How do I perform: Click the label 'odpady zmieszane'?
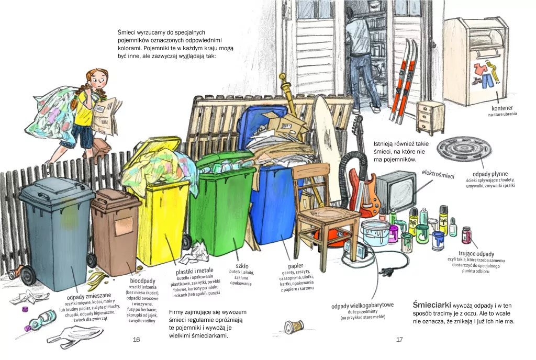[89, 296]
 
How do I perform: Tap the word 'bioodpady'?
[142, 281]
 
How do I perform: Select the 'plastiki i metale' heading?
[194, 271]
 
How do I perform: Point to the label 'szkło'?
[242, 266]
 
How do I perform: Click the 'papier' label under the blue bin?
[296, 266]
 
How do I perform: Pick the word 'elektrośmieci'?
[438, 174]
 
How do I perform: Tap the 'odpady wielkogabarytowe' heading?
[362, 306]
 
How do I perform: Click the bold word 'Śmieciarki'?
[432, 305]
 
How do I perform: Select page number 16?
[137, 340]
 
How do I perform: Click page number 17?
[399, 340]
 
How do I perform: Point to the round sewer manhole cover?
[465, 149]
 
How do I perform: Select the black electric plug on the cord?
[386, 272]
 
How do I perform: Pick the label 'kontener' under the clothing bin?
[502, 108]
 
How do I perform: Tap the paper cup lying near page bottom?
[294, 325]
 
